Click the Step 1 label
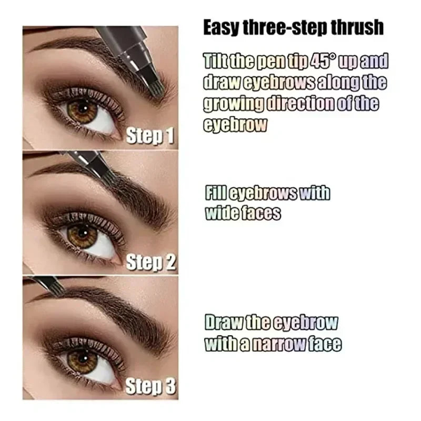click(x=150, y=136)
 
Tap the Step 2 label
click(x=150, y=262)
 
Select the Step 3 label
click(x=150, y=388)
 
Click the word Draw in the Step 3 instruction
click(x=219, y=323)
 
